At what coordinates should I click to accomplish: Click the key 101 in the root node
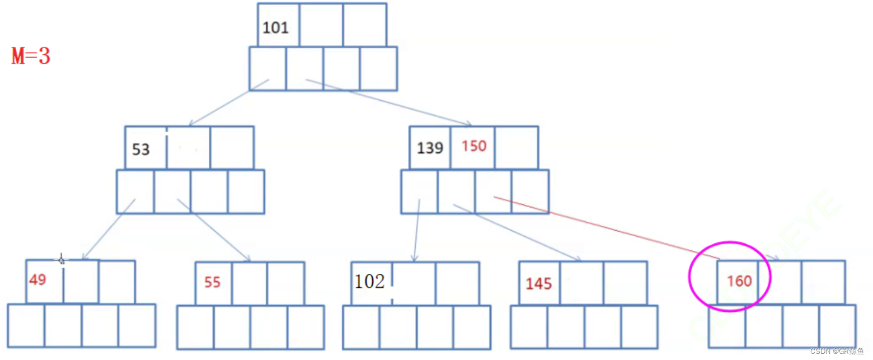(275, 27)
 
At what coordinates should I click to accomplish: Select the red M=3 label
(31, 57)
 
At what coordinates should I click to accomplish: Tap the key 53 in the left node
(141, 150)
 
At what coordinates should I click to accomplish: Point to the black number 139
(430, 148)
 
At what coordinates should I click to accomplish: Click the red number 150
(474, 146)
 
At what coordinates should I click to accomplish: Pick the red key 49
(37, 279)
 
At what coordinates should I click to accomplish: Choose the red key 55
(213, 282)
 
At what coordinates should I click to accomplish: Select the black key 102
(369, 282)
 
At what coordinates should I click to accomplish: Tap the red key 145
(538, 284)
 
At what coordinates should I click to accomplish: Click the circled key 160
(739, 281)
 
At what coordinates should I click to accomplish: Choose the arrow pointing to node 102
(416, 230)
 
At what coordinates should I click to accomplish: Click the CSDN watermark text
(837, 351)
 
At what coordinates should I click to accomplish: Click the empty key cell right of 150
(517, 147)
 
